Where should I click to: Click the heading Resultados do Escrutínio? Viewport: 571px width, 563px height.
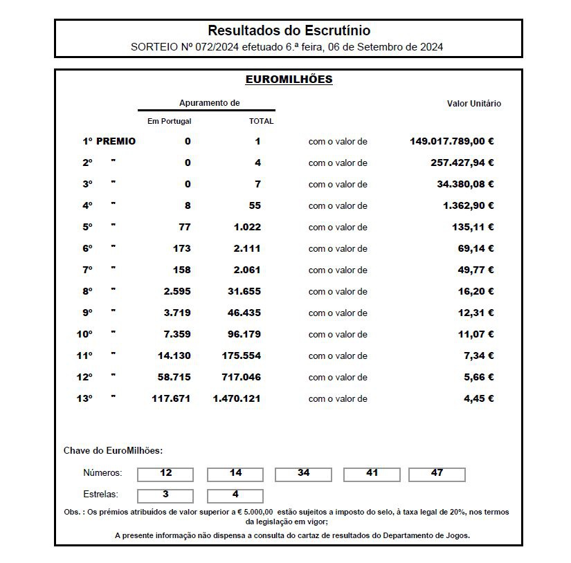tap(289, 30)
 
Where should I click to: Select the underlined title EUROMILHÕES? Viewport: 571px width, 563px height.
tap(289, 80)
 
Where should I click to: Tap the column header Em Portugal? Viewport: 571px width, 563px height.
tap(169, 121)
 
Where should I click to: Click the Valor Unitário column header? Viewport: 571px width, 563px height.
tap(473, 104)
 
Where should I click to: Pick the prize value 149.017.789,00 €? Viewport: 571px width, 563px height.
tap(451, 141)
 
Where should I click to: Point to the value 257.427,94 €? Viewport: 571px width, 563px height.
tap(462, 163)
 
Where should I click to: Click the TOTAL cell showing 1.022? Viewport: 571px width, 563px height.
tap(246, 227)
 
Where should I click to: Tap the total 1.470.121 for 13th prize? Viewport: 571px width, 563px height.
tap(237, 398)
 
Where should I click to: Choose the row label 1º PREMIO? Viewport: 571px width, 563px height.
tap(109, 141)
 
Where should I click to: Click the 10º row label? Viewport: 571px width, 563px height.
tap(84, 334)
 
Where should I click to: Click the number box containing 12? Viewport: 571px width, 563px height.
tap(165, 474)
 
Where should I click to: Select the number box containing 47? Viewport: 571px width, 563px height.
tap(437, 474)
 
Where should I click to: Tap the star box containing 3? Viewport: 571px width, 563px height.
tap(165, 495)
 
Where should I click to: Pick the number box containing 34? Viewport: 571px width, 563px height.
tap(303, 474)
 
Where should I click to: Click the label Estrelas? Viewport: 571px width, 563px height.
tap(100, 495)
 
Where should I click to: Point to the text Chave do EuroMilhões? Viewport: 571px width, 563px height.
tap(113, 451)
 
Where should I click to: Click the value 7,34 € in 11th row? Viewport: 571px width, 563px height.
tap(478, 356)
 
